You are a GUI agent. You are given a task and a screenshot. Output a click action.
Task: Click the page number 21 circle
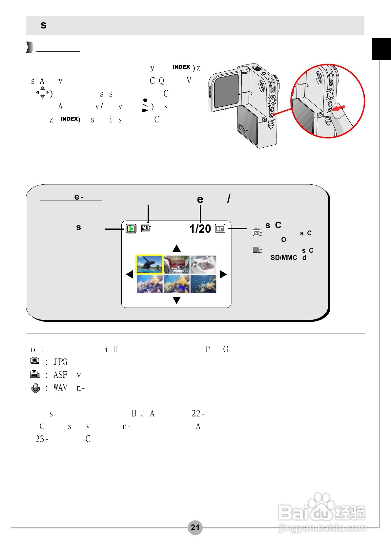(x=195, y=527)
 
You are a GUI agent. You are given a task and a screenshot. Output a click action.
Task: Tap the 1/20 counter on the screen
(x=200, y=229)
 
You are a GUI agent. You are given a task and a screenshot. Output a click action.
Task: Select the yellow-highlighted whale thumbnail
(x=149, y=265)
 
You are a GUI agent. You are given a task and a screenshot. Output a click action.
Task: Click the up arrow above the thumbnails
(x=176, y=248)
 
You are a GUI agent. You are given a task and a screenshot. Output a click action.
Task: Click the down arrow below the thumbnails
(x=176, y=300)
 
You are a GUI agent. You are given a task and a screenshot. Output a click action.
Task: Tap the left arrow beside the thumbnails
(x=130, y=274)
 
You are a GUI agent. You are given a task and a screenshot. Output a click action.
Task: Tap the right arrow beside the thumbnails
(x=223, y=274)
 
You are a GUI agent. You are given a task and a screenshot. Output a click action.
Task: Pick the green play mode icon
(x=131, y=229)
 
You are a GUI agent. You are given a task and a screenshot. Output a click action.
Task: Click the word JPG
(x=60, y=362)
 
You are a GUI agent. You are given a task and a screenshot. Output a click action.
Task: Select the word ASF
(x=60, y=375)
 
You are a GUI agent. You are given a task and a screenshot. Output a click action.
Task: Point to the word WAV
(x=60, y=388)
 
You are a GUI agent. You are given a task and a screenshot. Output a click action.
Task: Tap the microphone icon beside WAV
(x=35, y=388)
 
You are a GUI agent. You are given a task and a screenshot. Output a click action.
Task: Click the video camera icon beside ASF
(x=35, y=375)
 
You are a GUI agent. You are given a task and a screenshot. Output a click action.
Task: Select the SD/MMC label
(x=284, y=258)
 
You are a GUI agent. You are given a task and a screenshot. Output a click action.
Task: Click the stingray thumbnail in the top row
(x=203, y=265)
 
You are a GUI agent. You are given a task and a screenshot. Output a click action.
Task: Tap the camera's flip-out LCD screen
(x=226, y=91)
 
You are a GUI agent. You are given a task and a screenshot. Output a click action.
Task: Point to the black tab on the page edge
(x=381, y=49)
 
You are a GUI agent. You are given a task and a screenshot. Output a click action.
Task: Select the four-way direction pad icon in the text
(x=43, y=92)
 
